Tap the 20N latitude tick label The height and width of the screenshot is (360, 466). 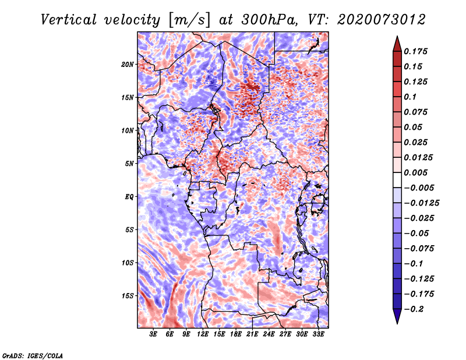(128, 64)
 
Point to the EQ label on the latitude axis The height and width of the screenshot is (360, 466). (129, 197)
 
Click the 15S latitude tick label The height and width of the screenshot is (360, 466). (128, 296)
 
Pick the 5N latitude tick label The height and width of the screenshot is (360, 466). (129, 164)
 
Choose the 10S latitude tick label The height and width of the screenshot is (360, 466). (128, 263)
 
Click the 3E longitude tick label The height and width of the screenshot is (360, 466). (154, 335)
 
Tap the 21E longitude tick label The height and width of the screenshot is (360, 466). (252, 335)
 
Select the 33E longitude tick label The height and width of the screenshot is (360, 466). (318, 335)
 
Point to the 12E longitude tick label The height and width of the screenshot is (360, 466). (203, 335)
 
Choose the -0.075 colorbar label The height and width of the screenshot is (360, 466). (419, 248)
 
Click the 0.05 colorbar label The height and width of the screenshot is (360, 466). (414, 127)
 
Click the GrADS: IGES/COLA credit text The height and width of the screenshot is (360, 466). (33, 355)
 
